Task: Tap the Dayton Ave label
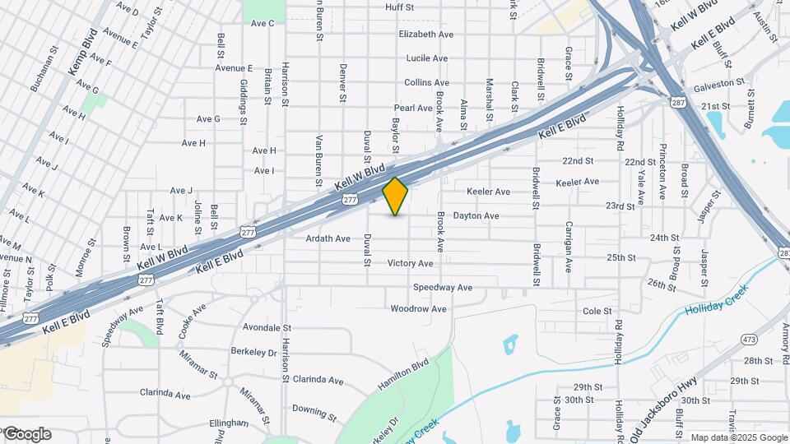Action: click(x=476, y=216)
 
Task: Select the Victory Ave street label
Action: click(x=411, y=263)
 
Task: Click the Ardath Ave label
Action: click(x=328, y=238)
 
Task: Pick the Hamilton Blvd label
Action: click(x=404, y=374)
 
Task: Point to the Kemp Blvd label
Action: click(x=83, y=54)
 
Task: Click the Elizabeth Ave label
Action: click(x=426, y=35)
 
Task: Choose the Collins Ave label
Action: click(x=426, y=83)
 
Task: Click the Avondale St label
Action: click(x=267, y=327)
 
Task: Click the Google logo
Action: click(x=27, y=434)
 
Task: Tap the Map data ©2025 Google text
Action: click(x=738, y=437)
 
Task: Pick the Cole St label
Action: click(x=597, y=312)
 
